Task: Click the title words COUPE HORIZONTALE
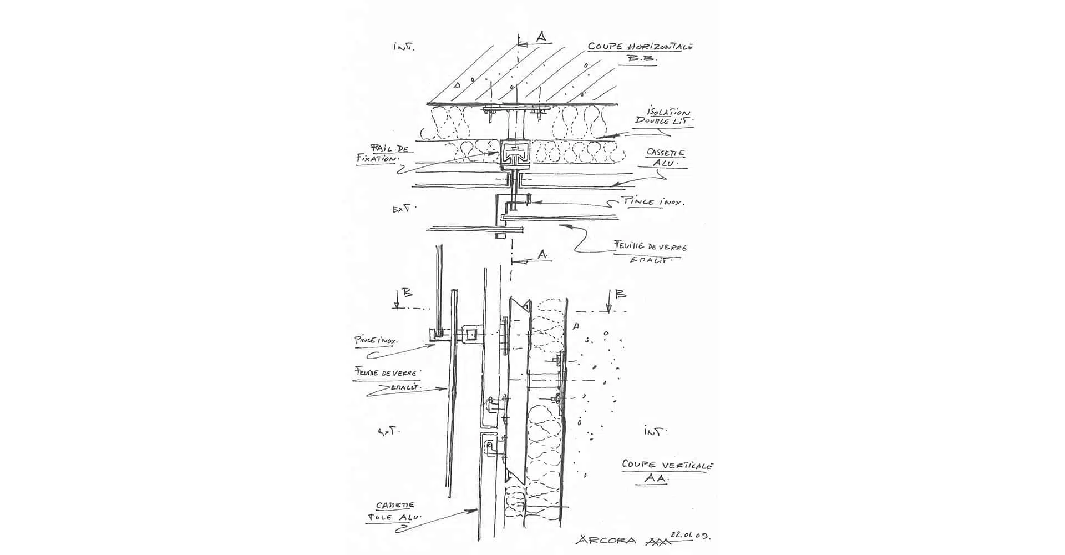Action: [x=640, y=47]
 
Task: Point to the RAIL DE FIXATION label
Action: [x=378, y=153]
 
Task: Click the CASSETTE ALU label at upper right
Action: [x=666, y=158]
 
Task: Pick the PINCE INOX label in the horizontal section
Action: [x=653, y=202]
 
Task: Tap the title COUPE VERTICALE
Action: [x=667, y=465]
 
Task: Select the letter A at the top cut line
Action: [x=541, y=37]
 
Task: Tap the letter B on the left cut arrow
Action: [x=407, y=293]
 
